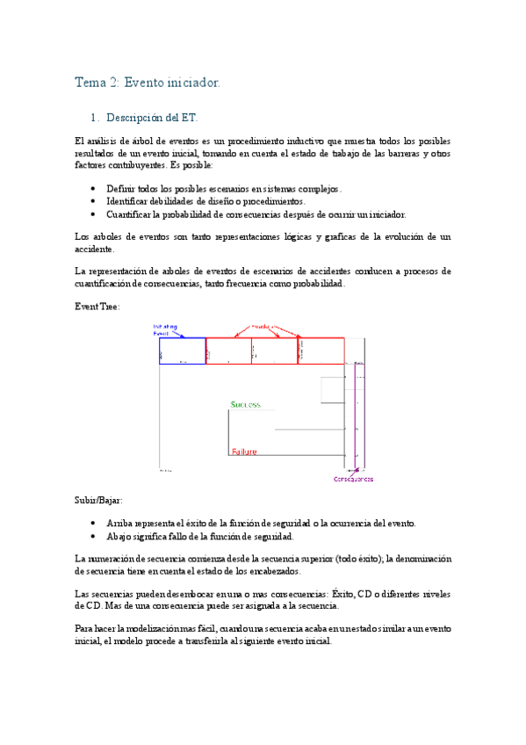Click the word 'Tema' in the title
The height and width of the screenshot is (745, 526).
tap(90, 83)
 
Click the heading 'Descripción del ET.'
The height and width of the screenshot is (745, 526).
tap(153, 117)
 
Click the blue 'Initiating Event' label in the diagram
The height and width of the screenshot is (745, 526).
tap(166, 330)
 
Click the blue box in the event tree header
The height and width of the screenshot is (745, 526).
tap(182, 351)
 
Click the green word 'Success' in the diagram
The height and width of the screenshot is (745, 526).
tap(245, 404)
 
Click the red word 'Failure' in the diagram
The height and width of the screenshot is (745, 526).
tap(244, 452)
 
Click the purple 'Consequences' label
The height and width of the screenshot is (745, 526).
tap(353, 479)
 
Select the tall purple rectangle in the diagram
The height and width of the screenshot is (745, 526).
tap(356, 404)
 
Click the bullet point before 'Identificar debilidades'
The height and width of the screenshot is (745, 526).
tap(94, 201)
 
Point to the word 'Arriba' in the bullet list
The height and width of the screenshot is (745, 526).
tap(120, 523)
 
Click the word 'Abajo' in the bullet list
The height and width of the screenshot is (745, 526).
tap(119, 535)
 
